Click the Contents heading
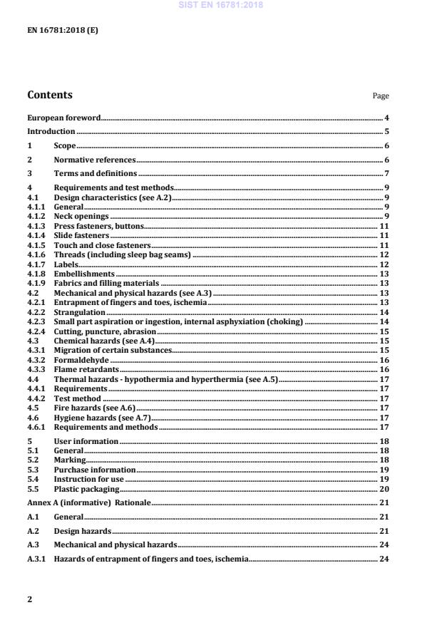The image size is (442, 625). [49, 95]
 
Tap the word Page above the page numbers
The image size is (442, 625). [381, 96]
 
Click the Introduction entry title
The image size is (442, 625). [51, 131]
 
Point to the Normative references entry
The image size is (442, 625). [94, 160]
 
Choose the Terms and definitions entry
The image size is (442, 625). [96, 173]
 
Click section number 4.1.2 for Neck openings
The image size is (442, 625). [36, 215]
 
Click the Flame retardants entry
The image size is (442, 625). [86, 370]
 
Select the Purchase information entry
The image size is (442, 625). [94, 470]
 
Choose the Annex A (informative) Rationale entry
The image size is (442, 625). [88, 503]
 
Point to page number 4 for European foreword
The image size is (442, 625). [386, 118]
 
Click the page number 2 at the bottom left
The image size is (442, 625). [29, 599]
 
